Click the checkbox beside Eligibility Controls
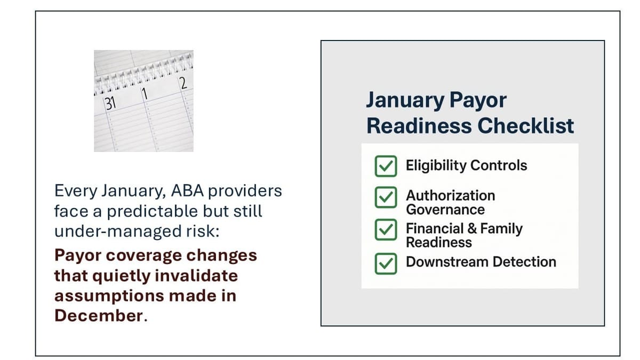click(386, 166)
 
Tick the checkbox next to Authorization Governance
click(386, 198)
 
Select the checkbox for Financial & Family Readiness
click(386, 230)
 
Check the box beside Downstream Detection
click(386, 263)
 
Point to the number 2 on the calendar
click(182, 83)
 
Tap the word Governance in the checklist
click(445, 209)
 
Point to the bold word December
click(99, 316)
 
